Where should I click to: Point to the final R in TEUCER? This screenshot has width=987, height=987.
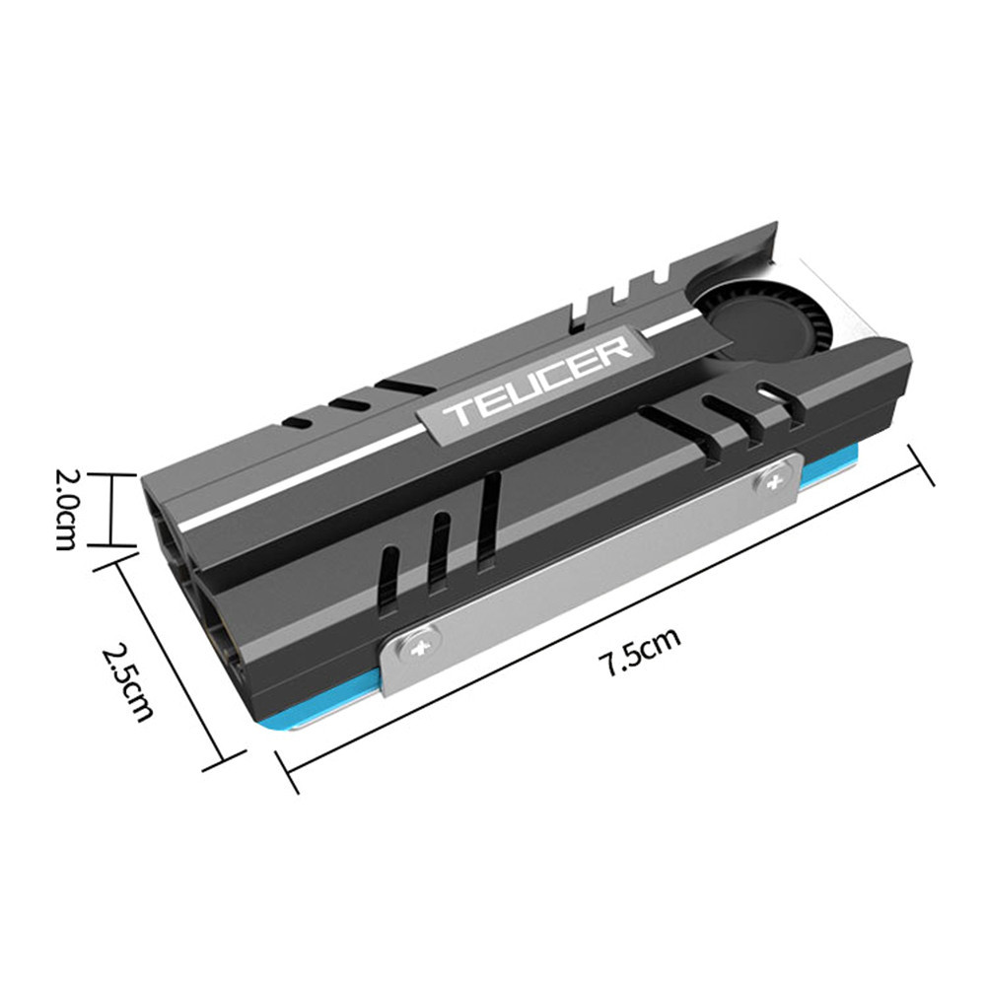point(615,348)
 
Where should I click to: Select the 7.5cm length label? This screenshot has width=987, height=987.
point(642,652)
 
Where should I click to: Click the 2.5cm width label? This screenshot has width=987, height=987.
point(128,681)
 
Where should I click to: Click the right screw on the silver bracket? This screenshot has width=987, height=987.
point(771,480)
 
